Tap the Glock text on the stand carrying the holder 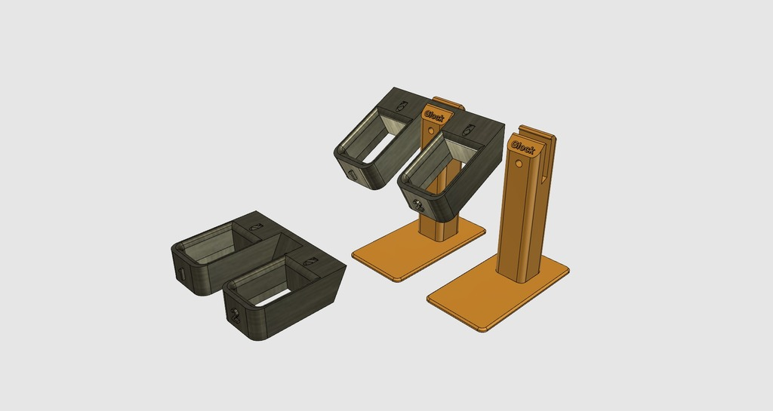point(435,116)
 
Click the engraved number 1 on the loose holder point(182,275)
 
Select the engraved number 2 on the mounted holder point(417,204)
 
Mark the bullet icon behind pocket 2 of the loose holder point(309,261)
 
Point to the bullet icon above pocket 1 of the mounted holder point(401,106)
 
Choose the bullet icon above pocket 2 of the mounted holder point(468,131)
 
